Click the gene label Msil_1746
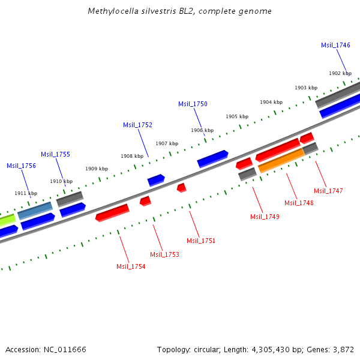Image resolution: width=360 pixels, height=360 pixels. click(335, 45)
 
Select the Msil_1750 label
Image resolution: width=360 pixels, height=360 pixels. click(193, 104)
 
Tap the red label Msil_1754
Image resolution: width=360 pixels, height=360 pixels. click(131, 266)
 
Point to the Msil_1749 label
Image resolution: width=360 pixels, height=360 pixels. click(265, 217)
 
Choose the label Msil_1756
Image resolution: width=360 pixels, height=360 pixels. click(21, 166)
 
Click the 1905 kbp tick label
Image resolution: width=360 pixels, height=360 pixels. click(236, 116)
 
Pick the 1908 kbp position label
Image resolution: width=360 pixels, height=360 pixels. click(131, 156)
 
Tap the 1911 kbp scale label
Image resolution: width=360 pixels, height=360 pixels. click(26, 193)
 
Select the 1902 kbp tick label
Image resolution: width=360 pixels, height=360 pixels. click(340, 73)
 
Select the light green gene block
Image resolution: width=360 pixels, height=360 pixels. click(7, 220)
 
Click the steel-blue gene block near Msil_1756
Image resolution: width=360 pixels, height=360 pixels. click(35, 210)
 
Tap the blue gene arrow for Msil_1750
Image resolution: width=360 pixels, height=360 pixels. click(212, 158)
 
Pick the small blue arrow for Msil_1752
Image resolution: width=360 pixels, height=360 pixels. click(156, 179)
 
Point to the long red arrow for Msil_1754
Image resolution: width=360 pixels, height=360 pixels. click(112, 212)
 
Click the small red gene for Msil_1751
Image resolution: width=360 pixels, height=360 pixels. click(181, 188)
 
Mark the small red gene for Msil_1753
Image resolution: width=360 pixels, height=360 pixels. click(145, 200)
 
